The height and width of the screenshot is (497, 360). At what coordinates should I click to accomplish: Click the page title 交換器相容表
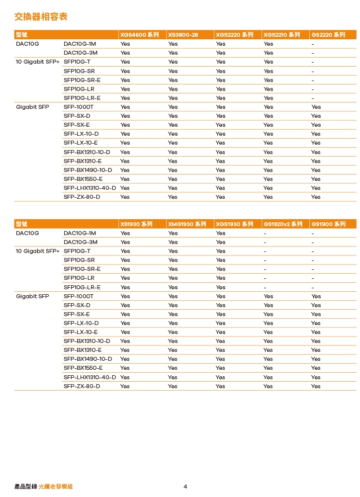(x=41, y=17)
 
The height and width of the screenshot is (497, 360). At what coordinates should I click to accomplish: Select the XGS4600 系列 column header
(x=139, y=35)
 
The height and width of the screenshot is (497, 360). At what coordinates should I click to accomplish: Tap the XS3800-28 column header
(x=183, y=35)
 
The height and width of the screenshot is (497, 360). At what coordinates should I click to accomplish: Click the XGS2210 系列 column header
(x=281, y=35)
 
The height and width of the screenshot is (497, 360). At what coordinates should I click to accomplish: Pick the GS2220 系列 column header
(x=328, y=35)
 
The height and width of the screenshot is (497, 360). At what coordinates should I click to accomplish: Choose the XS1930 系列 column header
(x=136, y=224)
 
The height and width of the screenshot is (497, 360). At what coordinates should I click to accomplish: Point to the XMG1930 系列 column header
(x=187, y=224)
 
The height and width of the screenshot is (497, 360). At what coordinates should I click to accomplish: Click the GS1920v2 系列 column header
(x=282, y=224)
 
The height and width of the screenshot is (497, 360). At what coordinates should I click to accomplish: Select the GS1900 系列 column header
(x=328, y=224)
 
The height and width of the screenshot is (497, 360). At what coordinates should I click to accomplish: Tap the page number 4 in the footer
(x=185, y=487)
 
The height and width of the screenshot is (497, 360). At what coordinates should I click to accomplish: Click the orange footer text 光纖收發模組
(x=56, y=487)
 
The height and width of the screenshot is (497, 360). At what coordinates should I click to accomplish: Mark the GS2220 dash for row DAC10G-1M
(x=313, y=44)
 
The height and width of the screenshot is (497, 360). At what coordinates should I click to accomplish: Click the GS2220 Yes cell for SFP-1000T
(x=316, y=107)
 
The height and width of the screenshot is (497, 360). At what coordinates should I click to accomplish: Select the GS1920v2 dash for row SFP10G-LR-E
(x=265, y=287)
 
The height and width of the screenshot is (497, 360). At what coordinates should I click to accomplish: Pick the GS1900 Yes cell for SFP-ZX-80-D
(x=316, y=386)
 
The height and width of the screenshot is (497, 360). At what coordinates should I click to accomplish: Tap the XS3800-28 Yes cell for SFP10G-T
(x=173, y=62)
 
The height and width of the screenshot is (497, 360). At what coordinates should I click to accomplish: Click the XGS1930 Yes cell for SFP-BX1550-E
(x=220, y=368)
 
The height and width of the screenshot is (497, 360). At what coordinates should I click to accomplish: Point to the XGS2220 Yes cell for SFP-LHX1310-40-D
(x=220, y=188)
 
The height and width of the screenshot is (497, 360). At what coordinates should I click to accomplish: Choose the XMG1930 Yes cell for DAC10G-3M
(x=173, y=242)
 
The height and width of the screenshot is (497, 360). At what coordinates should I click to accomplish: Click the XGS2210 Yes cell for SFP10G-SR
(x=268, y=71)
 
